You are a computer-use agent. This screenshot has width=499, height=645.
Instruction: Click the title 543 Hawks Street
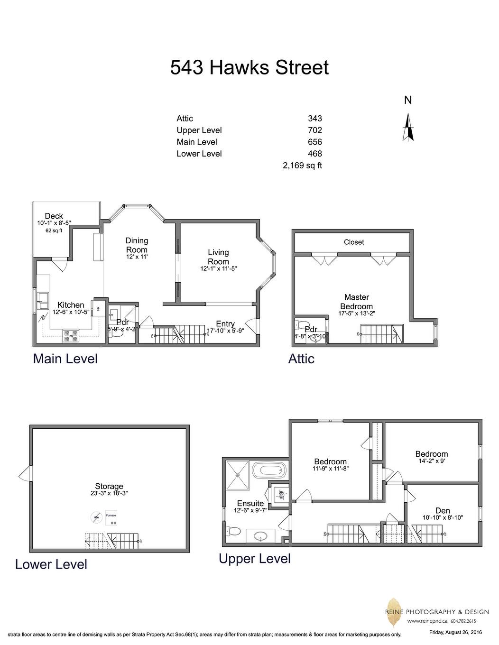pos(249,67)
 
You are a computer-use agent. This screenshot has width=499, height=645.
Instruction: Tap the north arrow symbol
pos(408,128)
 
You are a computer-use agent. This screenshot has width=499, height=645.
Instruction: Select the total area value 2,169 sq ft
pos(302,166)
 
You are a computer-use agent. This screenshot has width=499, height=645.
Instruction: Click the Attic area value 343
pos(314,119)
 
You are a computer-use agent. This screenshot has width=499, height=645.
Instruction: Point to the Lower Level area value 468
pos(314,154)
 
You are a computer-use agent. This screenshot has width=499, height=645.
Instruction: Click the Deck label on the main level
pos(54,216)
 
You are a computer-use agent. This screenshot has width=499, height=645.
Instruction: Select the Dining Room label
pos(137,245)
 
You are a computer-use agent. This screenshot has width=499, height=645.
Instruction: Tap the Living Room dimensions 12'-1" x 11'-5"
pos(218,268)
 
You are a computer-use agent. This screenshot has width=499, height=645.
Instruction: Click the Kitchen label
pos(71,305)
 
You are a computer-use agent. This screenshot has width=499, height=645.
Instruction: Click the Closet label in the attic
pos(354,242)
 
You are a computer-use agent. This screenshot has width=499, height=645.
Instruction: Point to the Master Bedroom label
pos(356,302)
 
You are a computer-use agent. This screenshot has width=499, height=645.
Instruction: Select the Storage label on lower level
pos(109,486)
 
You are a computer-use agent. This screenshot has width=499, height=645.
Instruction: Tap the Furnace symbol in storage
pos(111,518)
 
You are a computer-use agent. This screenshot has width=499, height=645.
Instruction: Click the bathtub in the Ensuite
pos(269,471)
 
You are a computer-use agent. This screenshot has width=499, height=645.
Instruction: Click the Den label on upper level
pos(443,511)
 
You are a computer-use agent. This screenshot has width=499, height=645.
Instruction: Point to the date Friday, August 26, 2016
pos(455,632)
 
